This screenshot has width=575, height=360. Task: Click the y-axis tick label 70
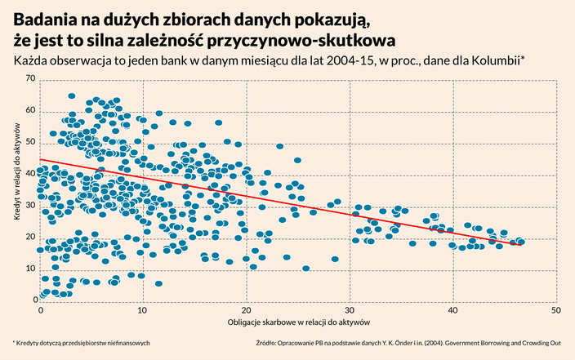(x=31, y=78)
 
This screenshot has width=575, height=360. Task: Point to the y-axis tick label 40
(x=31, y=173)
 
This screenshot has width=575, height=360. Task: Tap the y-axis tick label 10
(x=31, y=269)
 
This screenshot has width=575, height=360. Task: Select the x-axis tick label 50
(x=555, y=311)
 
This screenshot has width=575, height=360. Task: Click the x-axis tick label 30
(x=350, y=311)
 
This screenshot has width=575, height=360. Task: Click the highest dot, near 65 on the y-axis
(x=72, y=96)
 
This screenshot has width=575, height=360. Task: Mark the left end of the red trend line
(x=40, y=160)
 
